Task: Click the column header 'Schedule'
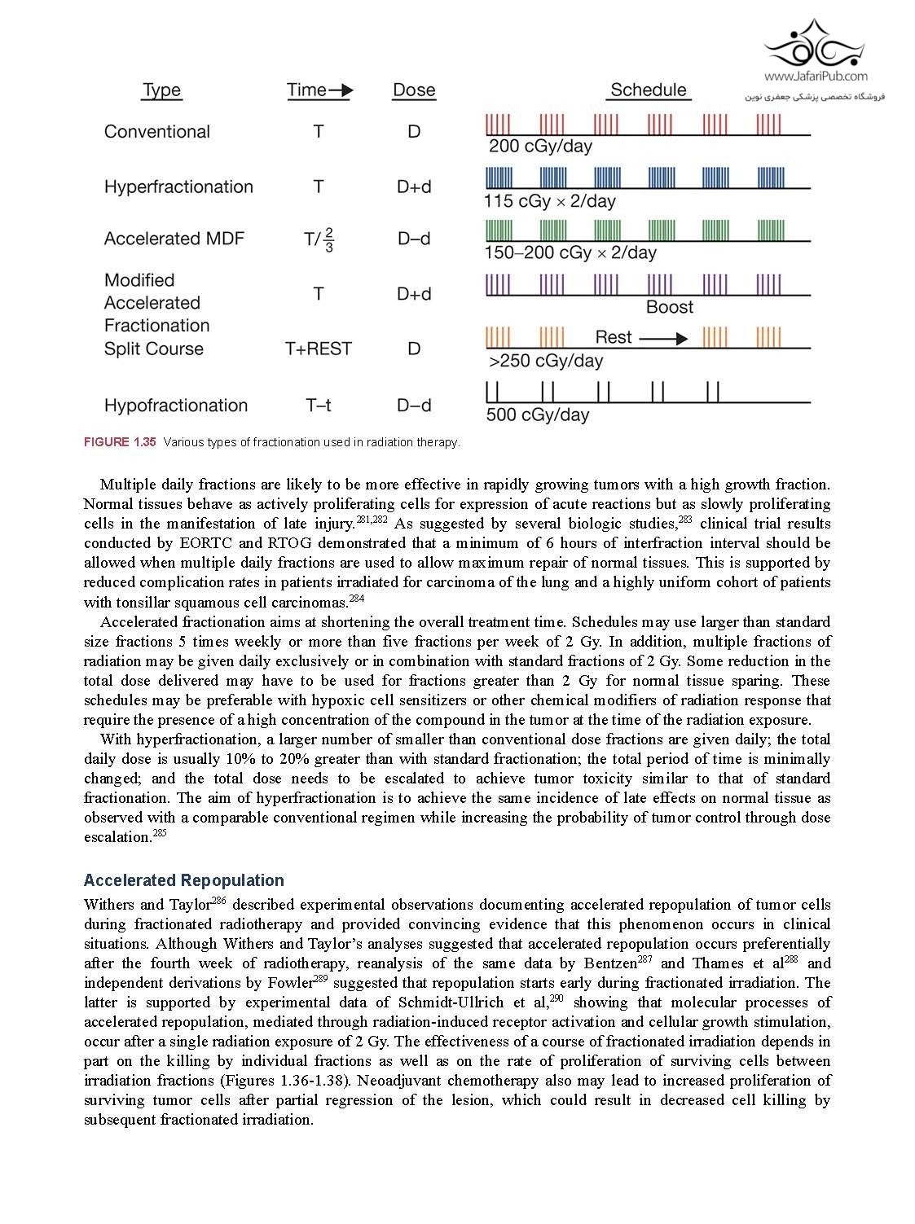[648, 90]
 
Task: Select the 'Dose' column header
[414, 90]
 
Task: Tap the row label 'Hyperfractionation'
[178, 187]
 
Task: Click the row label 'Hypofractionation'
[175, 406]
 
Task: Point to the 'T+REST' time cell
[319, 349]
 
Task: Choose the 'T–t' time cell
[319, 406]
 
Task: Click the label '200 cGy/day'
[540, 147]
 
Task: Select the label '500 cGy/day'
[537, 415]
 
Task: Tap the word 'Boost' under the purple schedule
[669, 308]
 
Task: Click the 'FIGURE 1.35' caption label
[119, 442]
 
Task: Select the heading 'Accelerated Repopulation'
[183, 880]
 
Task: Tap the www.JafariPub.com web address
[815, 77]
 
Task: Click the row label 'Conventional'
[157, 132]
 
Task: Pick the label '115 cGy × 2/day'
[550, 202]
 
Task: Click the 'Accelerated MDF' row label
[174, 239]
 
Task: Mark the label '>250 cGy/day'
[545, 361]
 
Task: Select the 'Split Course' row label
[154, 349]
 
